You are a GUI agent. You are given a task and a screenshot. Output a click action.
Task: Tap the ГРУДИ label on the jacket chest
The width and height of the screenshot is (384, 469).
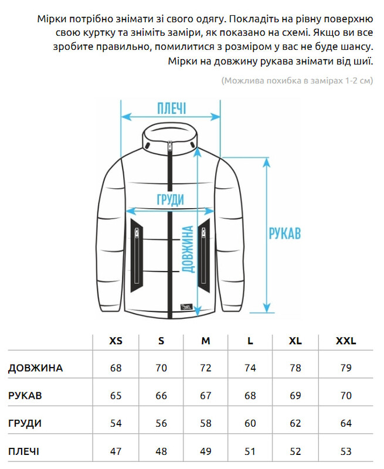point(170,199)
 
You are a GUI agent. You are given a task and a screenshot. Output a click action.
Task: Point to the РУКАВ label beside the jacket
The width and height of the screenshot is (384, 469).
point(284,233)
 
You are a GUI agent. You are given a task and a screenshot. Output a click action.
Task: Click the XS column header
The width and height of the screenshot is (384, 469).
point(116,341)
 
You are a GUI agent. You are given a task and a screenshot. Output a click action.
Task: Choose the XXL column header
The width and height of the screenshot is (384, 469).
point(346,341)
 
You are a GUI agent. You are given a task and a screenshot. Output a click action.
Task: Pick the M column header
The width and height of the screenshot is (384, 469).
point(206,341)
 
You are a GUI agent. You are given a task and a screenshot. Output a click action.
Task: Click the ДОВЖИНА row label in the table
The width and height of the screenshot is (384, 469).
point(35,368)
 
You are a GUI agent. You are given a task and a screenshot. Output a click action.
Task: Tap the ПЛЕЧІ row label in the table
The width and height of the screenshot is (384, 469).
point(25,451)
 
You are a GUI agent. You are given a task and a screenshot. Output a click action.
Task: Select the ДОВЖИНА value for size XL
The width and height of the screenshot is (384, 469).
point(295,368)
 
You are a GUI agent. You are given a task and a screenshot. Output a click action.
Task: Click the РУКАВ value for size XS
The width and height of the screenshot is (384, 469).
point(116,396)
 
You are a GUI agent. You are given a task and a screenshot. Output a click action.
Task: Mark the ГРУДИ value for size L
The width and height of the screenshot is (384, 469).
point(250,423)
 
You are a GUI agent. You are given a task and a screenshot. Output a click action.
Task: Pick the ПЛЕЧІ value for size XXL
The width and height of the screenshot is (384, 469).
point(346,451)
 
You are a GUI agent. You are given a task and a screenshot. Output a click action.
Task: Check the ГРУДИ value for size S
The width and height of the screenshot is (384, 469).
point(161,423)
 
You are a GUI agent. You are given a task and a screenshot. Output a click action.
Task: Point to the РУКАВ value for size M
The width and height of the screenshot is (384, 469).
point(206,396)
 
